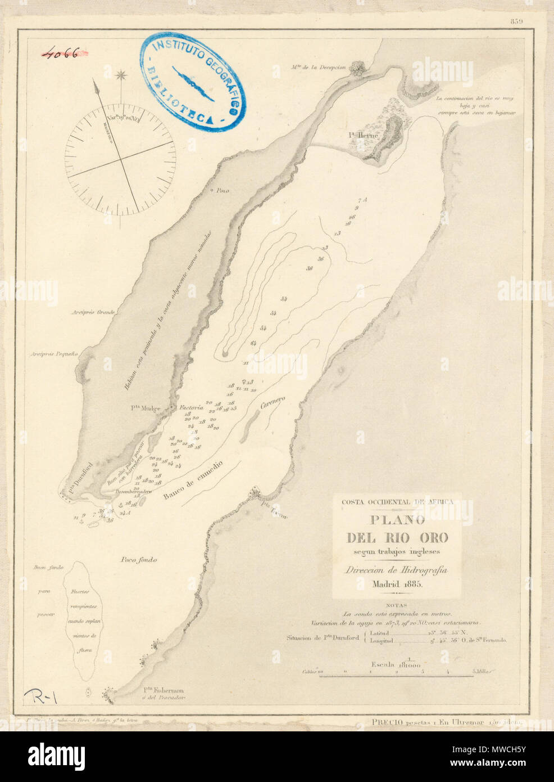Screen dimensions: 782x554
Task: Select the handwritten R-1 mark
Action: coord(42,698)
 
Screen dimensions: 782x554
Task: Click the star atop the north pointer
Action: coord(121,75)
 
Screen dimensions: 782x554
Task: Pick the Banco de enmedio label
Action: coord(193,482)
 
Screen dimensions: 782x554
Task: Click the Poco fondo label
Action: coord(138,560)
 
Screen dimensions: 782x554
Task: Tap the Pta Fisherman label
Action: coord(163,691)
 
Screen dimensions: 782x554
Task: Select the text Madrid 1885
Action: coord(396,584)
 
